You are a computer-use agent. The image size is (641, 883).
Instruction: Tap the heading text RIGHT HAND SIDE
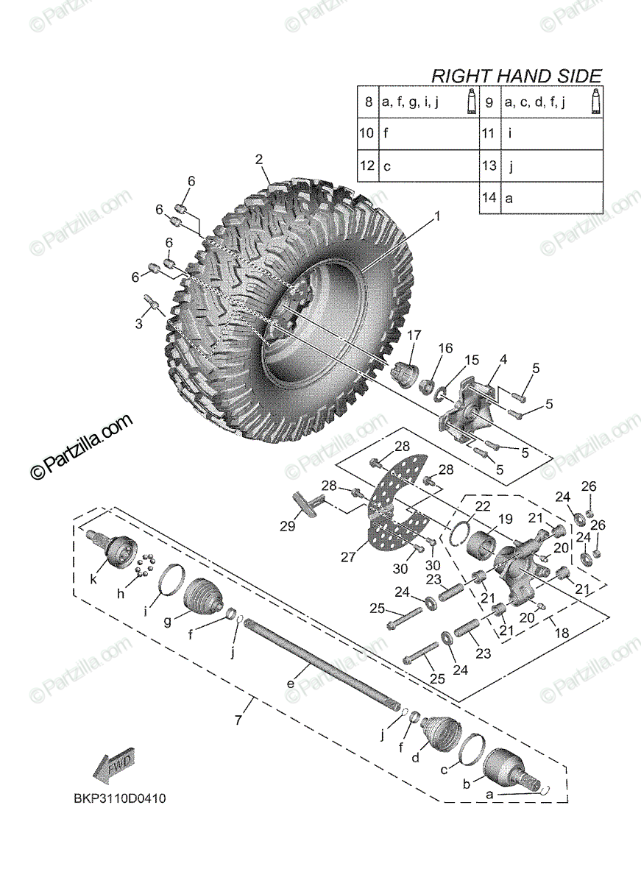tap(516, 76)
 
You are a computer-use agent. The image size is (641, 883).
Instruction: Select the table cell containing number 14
tap(489, 198)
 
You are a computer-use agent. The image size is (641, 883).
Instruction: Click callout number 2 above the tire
tap(259, 160)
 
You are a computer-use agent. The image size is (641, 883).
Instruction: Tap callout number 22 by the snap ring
tap(482, 506)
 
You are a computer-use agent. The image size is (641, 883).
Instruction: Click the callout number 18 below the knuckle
tap(562, 634)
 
